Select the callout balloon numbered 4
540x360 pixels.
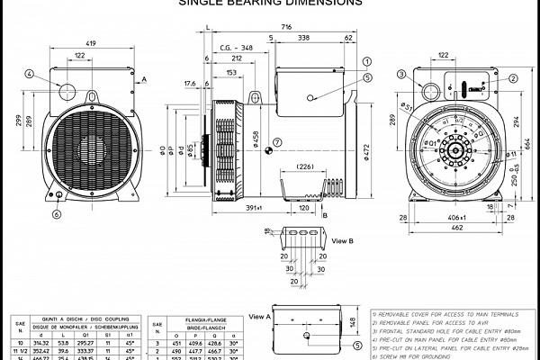click(30, 74)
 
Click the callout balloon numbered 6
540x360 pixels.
click(56, 214)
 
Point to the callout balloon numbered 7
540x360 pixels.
click(277, 140)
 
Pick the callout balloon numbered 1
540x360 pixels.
click(367, 60)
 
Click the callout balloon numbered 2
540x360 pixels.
click(513, 78)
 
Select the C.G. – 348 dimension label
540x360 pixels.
click(237, 48)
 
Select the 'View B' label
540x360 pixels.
click(343, 242)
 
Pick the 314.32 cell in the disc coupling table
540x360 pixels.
click(40, 343)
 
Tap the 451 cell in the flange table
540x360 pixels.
click(176, 343)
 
